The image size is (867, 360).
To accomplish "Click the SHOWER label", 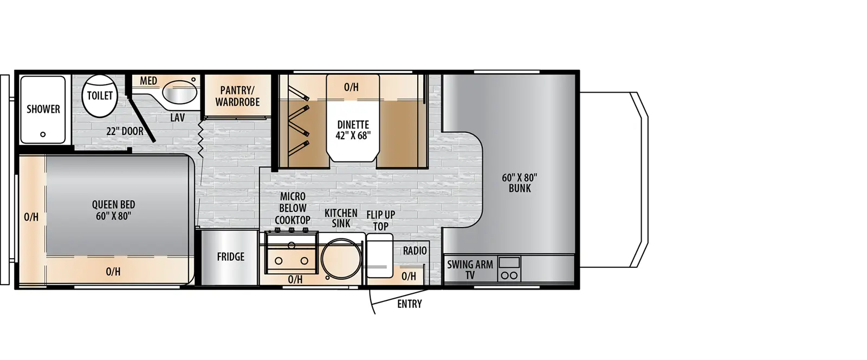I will coord(43,109).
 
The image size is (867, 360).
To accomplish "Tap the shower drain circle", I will coord(43,134).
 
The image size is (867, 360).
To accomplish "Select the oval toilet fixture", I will coord(100,96).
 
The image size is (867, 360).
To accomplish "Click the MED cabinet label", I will coord(148,81).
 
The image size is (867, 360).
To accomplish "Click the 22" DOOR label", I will coord(125,131).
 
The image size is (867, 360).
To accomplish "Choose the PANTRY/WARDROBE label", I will coord(237,97).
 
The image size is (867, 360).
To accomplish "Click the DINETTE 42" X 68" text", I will coord(353,130).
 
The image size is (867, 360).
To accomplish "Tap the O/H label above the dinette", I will coord(351,87).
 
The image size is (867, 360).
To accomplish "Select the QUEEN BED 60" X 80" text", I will coord(113,210).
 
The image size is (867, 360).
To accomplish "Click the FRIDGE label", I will coord(231,257).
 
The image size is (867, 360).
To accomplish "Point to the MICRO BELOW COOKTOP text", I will coord(293,208).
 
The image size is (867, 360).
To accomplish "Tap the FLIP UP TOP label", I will coord(380,220).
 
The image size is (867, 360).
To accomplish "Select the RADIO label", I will coord(415,251).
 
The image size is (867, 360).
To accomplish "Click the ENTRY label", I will coord(409,304).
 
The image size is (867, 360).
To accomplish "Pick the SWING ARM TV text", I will coord(470,269).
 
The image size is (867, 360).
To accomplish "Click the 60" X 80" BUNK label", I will coord(520,183).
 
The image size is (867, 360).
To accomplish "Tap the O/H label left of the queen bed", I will coord(31,217).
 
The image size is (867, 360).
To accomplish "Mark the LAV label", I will coord(177,118).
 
